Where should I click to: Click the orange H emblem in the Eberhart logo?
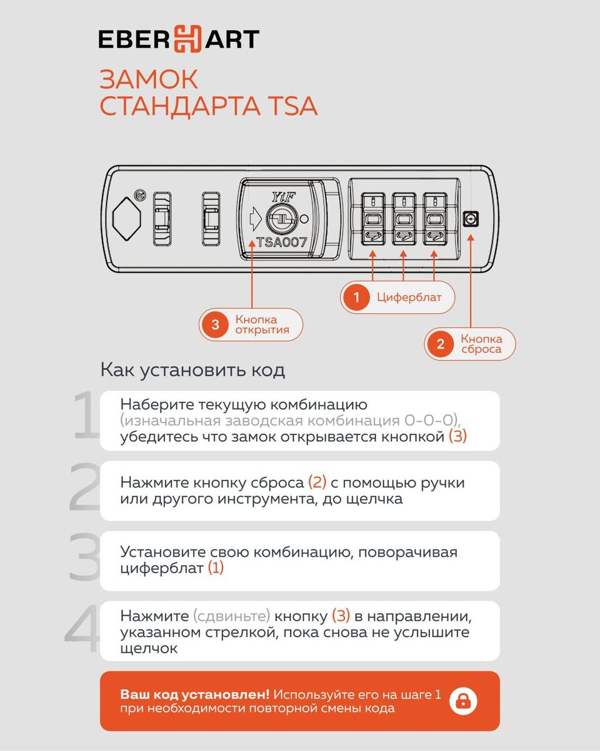pos(187,39)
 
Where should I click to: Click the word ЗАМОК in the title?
pos(149,79)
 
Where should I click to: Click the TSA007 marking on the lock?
pos(282,242)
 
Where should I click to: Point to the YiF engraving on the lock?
pos(284,198)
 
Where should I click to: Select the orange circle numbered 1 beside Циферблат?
pos(356,297)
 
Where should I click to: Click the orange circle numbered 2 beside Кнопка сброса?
pos(441,344)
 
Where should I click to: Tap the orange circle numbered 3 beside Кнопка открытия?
pos(215,325)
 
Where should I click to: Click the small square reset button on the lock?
pos(471,219)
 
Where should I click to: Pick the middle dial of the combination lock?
pos(404,219)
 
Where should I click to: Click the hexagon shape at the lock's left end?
pos(127,219)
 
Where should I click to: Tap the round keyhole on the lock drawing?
pos(282,219)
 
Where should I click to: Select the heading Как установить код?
pos(192,370)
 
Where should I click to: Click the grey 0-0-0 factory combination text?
pos(430,420)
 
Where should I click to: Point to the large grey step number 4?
pos(82,628)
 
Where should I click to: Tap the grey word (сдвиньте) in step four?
pos(231,616)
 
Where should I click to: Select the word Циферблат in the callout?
pos(409,297)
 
